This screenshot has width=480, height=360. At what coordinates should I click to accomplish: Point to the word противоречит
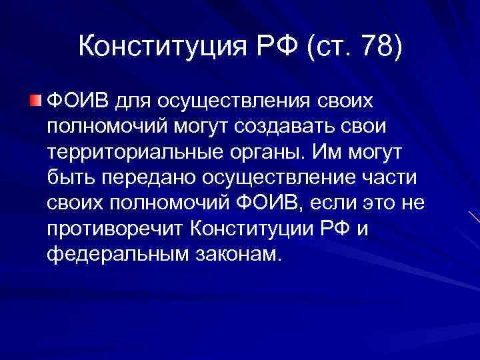click(x=115, y=229)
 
